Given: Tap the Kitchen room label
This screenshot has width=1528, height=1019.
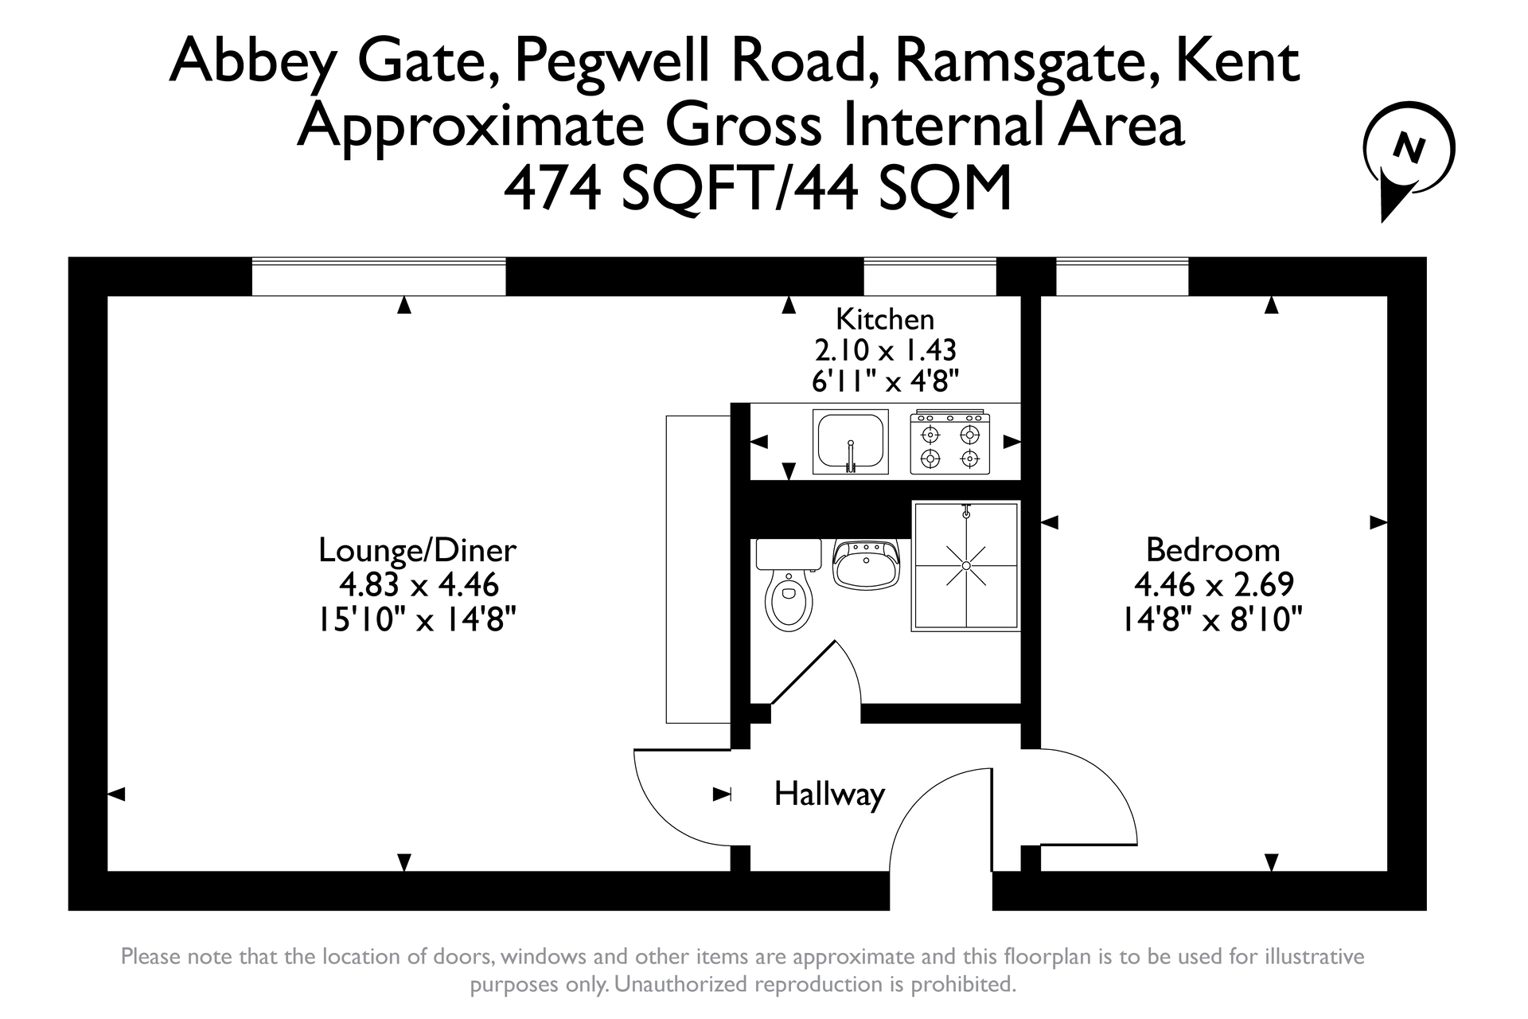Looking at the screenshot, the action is pyautogui.click(x=885, y=319).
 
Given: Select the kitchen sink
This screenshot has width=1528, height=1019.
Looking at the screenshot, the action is pyautogui.click(x=850, y=442).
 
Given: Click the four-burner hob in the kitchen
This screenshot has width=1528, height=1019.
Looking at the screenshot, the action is pyautogui.click(x=950, y=442).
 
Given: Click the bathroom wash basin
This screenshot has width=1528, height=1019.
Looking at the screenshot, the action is pyautogui.click(x=866, y=563).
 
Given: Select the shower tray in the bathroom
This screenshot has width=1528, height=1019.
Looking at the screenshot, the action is pyautogui.click(x=966, y=566).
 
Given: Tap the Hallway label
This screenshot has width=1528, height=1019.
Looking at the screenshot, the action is pyautogui.click(x=829, y=795).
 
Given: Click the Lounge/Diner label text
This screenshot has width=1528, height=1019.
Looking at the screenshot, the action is pyautogui.click(x=418, y=550).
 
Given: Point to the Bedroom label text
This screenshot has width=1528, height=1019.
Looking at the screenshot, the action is pyautogui.click(x=1213, y=550).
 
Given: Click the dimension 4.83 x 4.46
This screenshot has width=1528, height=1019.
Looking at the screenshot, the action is pyautogui.click(x=419, y=585).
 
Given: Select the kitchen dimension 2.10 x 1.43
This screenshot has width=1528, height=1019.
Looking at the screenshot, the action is pyautogui.click(x=885, y=350).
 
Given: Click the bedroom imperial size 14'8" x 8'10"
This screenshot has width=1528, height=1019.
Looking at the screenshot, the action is pyautogui.click(x=1212, y=619).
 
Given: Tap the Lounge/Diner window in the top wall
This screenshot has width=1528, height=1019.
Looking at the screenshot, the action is pyautogui.click(x=379, y=276).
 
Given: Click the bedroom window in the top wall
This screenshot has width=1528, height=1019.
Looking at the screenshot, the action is pyautogui.click(x=1122, y=276).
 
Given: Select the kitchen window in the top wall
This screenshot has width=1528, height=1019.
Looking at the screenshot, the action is pyautogui.click(x=930, y=276).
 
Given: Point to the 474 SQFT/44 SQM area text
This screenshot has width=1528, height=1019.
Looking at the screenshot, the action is pyautogui.click(x=758, y=188).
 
